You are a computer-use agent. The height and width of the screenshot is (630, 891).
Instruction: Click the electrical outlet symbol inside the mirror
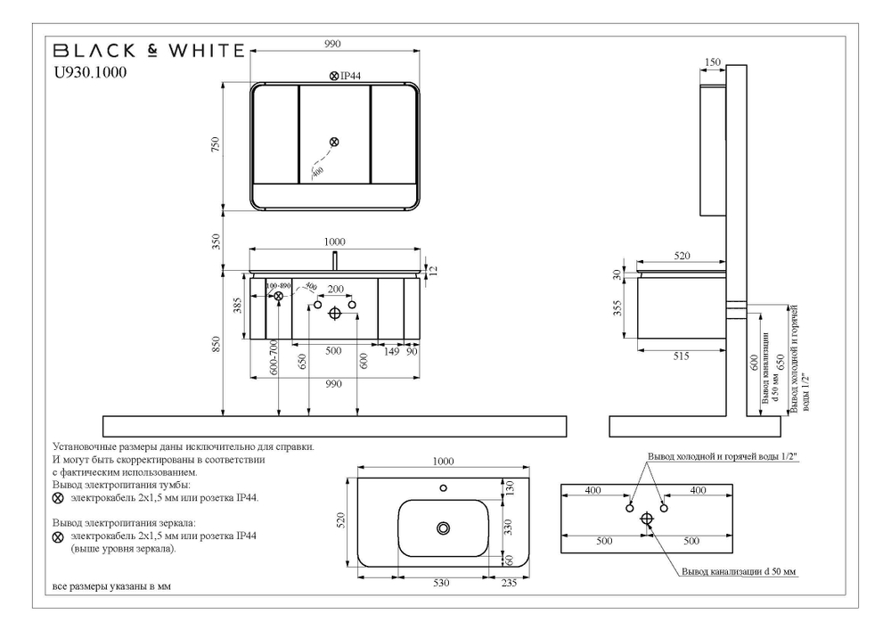(334, 142)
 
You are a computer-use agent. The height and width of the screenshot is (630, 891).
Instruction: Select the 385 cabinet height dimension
(238, 307)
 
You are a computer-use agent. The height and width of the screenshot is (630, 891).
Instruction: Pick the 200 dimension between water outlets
(335, 290)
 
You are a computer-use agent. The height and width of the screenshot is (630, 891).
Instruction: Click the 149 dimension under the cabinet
(390, 351)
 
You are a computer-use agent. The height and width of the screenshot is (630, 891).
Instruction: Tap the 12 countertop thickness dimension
(434, 269)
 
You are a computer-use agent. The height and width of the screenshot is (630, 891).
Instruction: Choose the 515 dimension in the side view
(683, 356)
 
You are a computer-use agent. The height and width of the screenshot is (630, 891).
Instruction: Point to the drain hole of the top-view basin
(443, 528)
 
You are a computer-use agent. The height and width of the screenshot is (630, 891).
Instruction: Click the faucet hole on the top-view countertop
(443, 488)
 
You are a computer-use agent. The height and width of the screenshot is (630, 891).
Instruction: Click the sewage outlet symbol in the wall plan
(647, 518)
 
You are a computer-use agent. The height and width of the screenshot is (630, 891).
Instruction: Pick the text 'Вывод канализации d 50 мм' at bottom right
(738, 571)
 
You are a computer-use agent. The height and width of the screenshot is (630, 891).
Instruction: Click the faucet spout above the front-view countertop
(334, 259)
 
